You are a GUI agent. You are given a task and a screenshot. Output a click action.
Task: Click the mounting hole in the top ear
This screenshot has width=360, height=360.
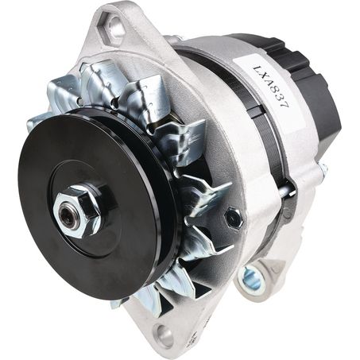116,30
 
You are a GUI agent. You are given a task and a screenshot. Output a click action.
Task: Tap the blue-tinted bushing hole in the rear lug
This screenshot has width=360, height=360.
252,278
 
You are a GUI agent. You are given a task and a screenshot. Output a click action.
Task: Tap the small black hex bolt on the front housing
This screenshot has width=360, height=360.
232,217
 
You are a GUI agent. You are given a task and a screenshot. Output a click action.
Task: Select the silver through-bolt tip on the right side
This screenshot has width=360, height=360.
323,169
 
